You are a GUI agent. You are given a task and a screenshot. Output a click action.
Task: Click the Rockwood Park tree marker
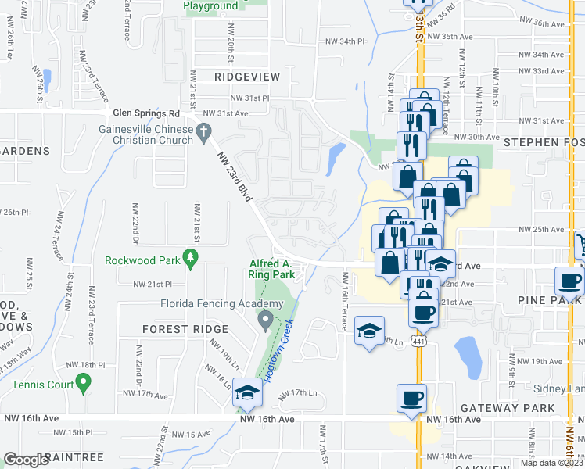[188, 257]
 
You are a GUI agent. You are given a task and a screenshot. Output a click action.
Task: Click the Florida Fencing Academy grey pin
[265, 319]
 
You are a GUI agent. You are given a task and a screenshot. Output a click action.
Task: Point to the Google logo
[25, 460]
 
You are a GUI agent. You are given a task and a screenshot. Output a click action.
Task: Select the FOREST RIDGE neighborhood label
[185, 329]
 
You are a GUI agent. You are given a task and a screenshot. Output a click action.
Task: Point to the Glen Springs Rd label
[146, 113]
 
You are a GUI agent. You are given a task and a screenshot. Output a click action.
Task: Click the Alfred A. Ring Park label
[271, 270]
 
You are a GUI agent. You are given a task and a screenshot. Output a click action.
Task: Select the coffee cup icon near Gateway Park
[411, 399]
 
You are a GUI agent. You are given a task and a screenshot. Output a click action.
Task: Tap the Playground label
[210, 5]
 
